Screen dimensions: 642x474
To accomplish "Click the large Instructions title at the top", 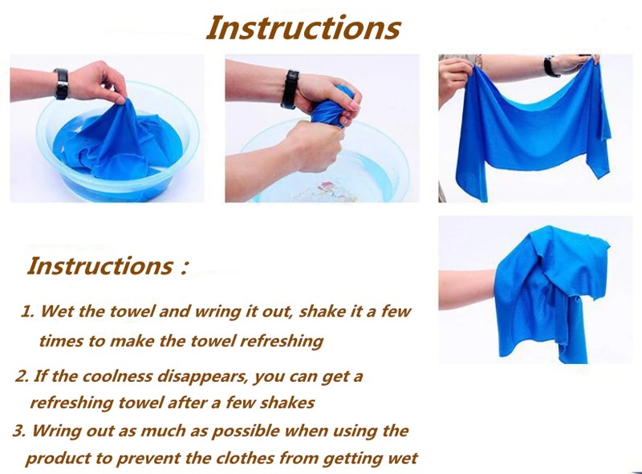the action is coord(303,27).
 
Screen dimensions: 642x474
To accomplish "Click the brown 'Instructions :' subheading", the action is coord(108,265).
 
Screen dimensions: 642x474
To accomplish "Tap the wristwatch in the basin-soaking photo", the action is coord(61,84).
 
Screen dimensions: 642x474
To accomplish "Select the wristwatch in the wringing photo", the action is coord(290,89).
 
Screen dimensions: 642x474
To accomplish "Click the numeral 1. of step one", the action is coord(28,311).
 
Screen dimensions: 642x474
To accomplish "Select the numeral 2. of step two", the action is coord(22,376).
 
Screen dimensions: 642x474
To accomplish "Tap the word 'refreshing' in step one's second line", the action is coord(282,341).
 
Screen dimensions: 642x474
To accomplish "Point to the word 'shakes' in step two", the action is coord(287,403).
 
